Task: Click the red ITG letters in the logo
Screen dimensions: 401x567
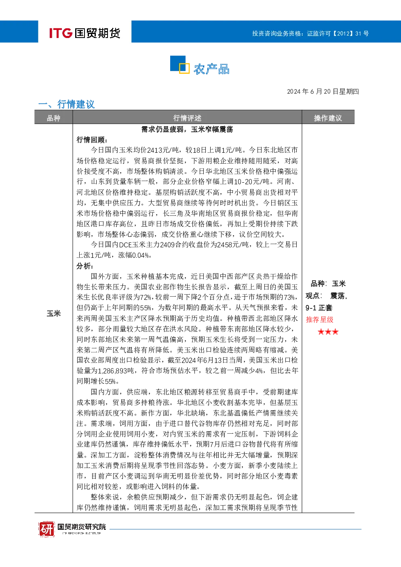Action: pos(61,33)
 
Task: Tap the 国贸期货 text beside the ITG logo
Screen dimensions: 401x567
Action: pos(97,33)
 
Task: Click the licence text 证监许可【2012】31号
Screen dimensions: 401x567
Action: pos(338,34)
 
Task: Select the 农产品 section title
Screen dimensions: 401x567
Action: pos(211,69)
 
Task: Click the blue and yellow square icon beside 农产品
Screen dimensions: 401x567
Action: pos(180,65)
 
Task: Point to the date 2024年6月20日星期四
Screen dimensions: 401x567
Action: pos(323,91)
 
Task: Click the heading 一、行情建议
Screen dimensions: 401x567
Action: pos(66,104)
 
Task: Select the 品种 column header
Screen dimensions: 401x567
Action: pos(53,118)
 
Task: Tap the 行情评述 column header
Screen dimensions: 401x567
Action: pos(187,118)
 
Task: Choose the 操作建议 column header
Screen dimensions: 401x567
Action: pos(328,118)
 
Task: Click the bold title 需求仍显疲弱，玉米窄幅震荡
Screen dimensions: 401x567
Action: pos(187,129)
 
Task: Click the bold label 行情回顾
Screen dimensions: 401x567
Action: pos(92,140)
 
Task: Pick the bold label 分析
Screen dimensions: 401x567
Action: pos(84,266)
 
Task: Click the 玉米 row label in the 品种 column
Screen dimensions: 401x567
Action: pos(54,314)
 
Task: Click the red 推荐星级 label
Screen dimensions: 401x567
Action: pos(319,319)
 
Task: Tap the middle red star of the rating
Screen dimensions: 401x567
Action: pos(328,332)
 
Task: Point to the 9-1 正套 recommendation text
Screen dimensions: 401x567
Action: pos(319,308)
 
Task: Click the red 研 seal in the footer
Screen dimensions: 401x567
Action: pos(46,529)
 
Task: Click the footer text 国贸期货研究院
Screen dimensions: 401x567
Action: pos(82,527)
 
